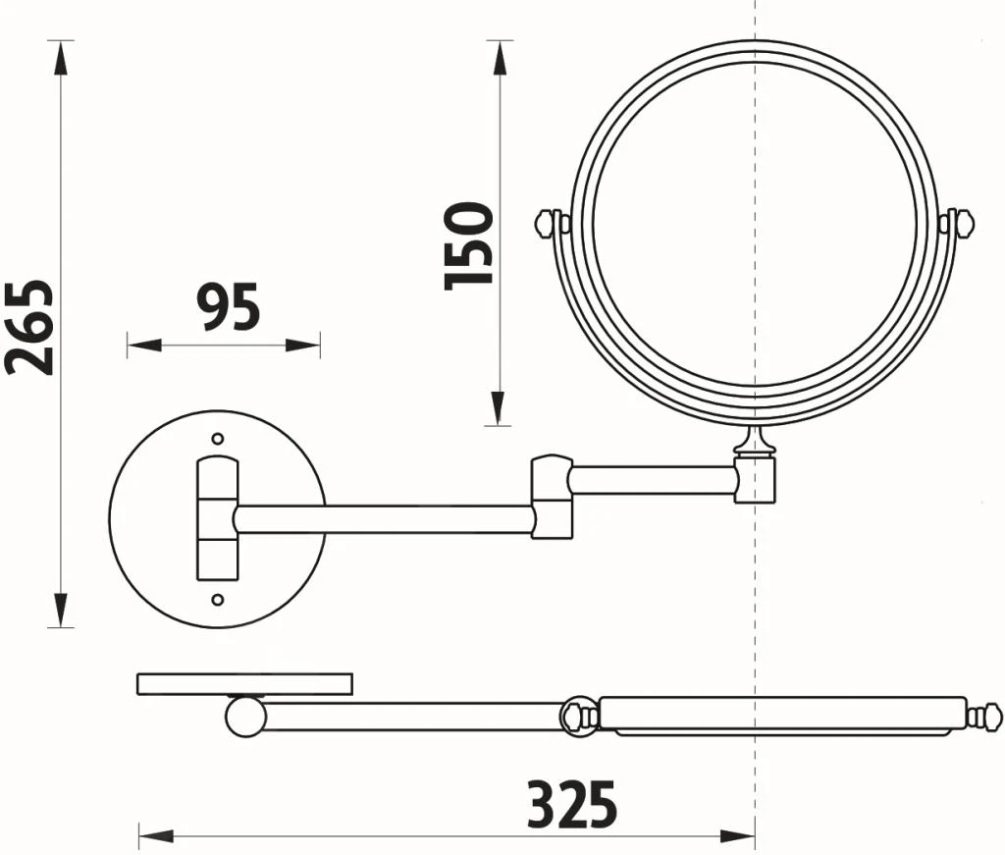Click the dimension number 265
[x=29, y=327]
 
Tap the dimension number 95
[x=228, y=307]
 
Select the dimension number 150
[x=469, y=245]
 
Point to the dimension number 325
[x=572, y=805]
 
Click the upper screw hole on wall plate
[x=218, y=438]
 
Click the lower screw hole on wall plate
[x=218, y=600]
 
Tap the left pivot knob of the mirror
[x=549, y=224]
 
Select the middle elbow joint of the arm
[x=552, y=496]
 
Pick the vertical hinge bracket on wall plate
[x=218, y=518]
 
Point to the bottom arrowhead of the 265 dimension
[x=61, y=611]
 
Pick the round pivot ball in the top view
[x=245, y=716]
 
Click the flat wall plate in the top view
[x=244, y=683]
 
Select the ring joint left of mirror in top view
[x=578, y=716]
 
